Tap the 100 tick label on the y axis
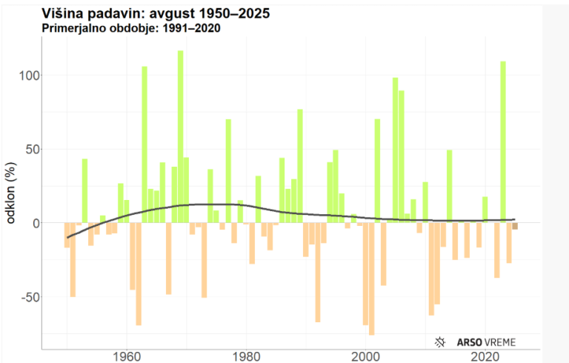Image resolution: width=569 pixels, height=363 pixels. pos(25,76)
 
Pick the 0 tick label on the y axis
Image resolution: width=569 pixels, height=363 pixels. pos(32,223)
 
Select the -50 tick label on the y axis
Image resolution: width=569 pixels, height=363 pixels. pos(27,297)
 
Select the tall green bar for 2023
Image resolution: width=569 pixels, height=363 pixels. pos(503,141)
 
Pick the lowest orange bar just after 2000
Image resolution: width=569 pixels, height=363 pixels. pos(371,279)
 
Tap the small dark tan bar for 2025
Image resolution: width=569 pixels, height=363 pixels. pos(515,226)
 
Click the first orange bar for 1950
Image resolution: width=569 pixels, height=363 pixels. pos(67,235)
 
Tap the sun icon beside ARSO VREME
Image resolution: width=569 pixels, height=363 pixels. pos(440,342)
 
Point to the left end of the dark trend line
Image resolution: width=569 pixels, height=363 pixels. pos(67,237)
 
